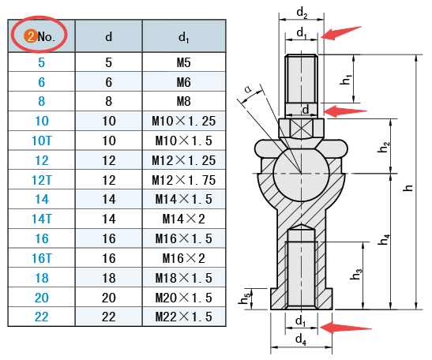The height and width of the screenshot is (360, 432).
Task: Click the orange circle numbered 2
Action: pyautogui.click(x=31, y=36)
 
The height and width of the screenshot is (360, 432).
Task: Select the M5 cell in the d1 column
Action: pyautogui.click(x=183, y=62)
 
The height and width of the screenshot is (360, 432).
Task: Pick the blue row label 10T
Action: pyautogui.click(x=42, y=141)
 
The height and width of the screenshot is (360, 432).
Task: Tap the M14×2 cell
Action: pyautogui.click(x=183, y=219)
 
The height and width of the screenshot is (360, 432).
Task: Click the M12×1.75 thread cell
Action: pyautogui.click(x=183, y=180)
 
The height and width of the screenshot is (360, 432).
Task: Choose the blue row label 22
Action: pyautogui.click(x=42, y=317)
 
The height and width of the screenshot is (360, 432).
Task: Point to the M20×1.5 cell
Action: pyautogui.click(x=183, y=298)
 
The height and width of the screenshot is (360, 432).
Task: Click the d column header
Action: pyautogui.click(x=109, y=36)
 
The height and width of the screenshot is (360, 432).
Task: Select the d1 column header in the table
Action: pyautogui.click(x=183, y=37)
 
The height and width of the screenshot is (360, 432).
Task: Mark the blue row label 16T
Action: pyautogui.click(x=42, y=258)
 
